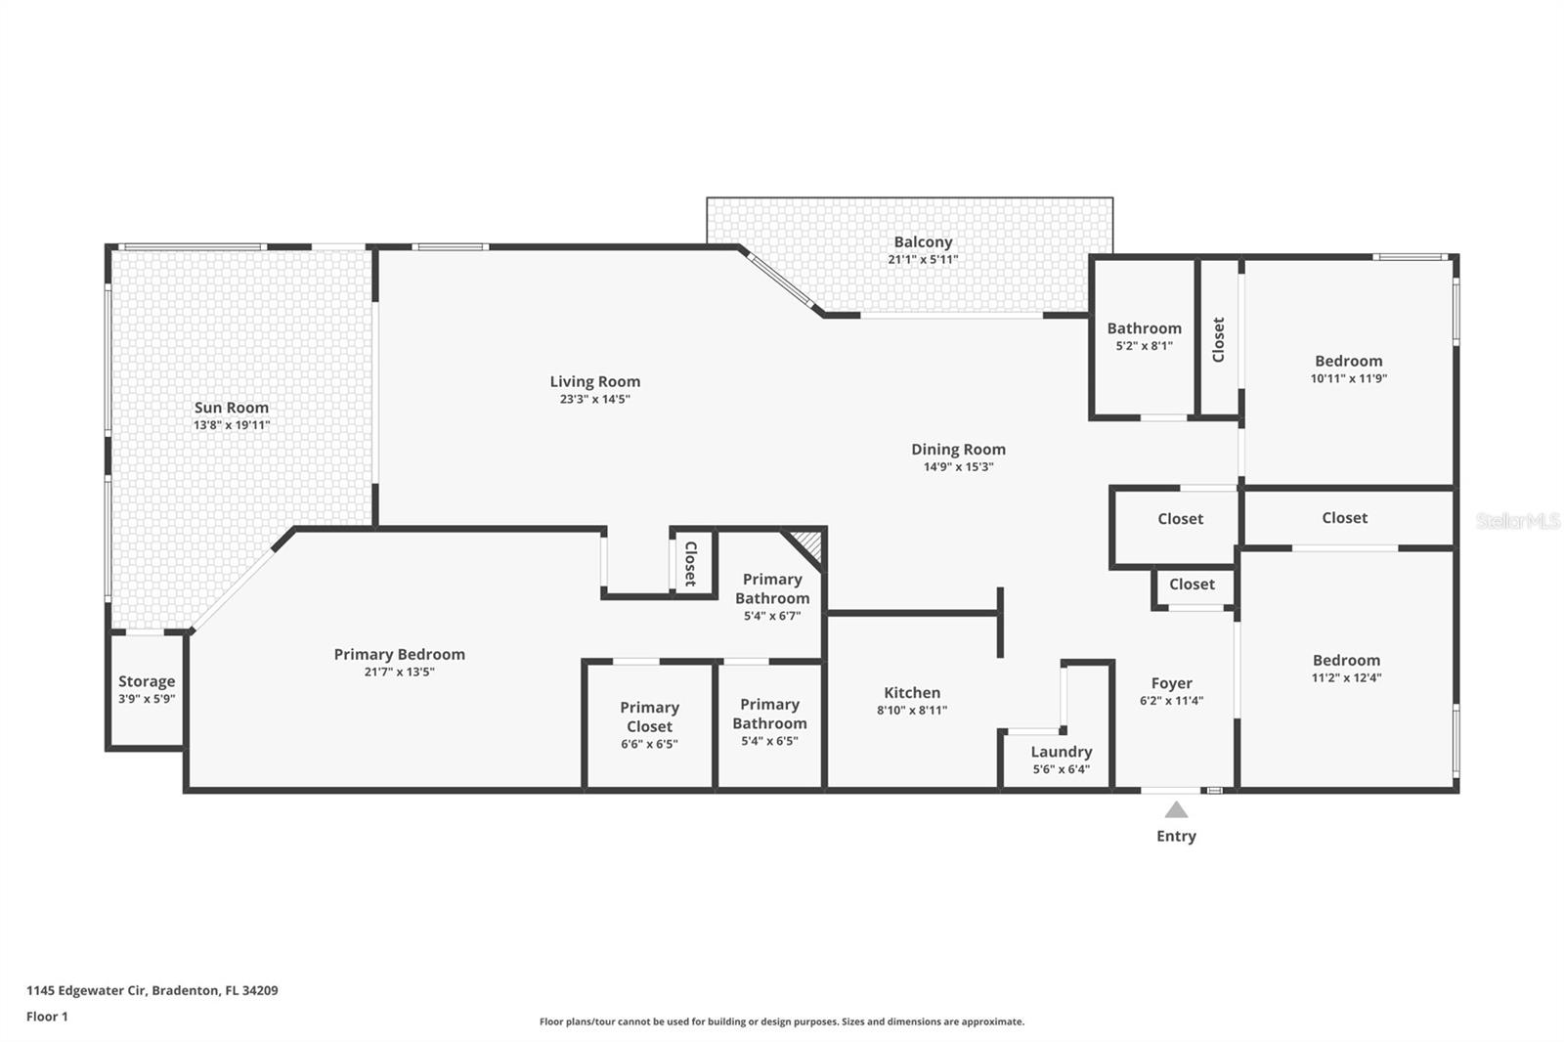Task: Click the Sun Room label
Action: pyautogui.click(x=231, y=408)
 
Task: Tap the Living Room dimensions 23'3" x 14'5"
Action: pyautogui.click(x=594, y=399)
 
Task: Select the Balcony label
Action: pyautogui.click(x=923, y=241)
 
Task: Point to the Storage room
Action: pyautogui.click(x=147, y=689)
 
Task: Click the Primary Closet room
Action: pyautogui.click(x=649, y=724)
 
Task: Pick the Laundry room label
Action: pyautogui.click(x=1061, y=752)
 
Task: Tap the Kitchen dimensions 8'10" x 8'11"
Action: pyautogui.click(x=911, y=711)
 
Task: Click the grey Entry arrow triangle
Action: pyautogui.click(x=1176, y=810)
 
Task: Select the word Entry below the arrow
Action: pyautogui.click(x=1176, y=836)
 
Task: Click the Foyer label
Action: pyautogui.click(x=1171, y=683)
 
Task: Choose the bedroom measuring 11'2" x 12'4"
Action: pyautogui.click(x=1346, y=669)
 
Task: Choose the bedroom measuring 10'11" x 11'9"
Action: pyautogui.click(x=1348, y=369)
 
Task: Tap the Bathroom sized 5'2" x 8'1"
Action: pyautogui.click(x=1144, y=335)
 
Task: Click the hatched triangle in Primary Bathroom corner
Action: pyautogui.click(x=810, y=543)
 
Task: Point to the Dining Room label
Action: pyautogui.click(x=958, y=450)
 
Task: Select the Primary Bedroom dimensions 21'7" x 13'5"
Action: pyautogui.click(x=399, y=672)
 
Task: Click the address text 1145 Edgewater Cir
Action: pyautogui.click(x=86, y=990)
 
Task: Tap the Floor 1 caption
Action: pyautogui.click(x=47, y=1017)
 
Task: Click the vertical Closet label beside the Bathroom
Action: pyautogui.click(x=1218, y=339)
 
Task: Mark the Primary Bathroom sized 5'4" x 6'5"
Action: pyautogui.click(x=769, y=721)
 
